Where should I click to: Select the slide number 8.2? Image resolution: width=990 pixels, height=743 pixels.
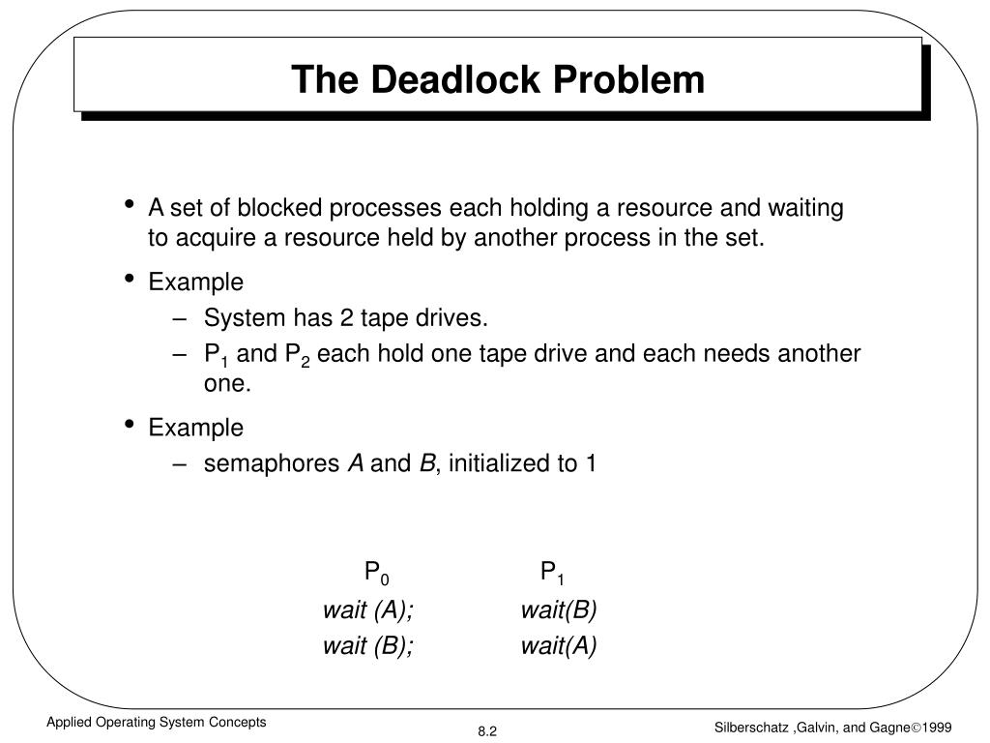pyautogui.click(x=485, y=731)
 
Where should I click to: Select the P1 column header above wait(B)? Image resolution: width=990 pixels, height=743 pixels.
pyautogui.click(x=552, y=574)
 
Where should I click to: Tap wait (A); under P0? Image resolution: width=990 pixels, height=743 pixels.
pyautogui.click(x=368, y=610)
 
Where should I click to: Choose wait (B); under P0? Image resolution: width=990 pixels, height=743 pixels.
pyautogui.click(x=368, y=646)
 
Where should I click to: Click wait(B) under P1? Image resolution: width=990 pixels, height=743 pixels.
pyautogui.click(x=559, y=610)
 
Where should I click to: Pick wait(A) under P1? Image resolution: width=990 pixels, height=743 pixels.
pyautogui.click(x=559, y=646)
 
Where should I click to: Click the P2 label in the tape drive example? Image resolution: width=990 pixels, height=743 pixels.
pyautogui.click(x=295, y=355)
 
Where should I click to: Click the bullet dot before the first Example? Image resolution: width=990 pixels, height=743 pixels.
pyautogui.click(x=130, y=280)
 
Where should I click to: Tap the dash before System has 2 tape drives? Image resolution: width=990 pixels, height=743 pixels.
pyautogui.click(x=183, y=317)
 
